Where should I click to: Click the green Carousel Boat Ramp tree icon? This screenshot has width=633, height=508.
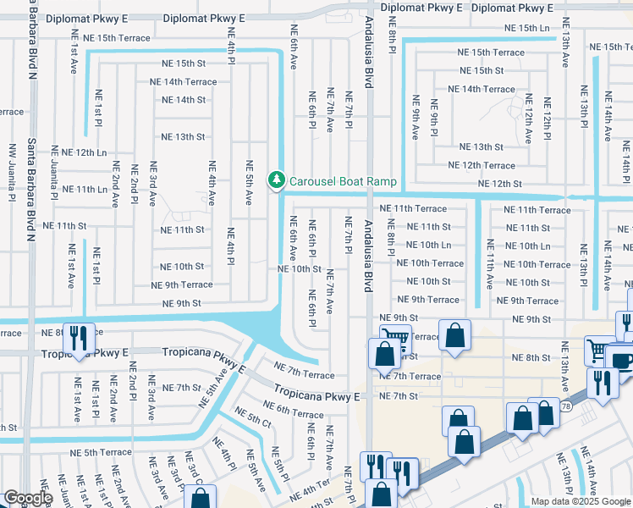(x=276, y=179)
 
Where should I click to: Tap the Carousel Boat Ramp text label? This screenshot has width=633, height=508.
(x=343, y=180)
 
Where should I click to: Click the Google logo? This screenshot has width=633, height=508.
(x=28, y=499)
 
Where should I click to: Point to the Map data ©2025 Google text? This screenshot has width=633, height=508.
(x=581, y=501)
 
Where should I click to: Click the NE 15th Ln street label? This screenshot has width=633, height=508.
(x=521, y=28)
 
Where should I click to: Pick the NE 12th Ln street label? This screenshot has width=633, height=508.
(x=85, y=152)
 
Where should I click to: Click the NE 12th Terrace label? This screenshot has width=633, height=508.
(x=481, y=165)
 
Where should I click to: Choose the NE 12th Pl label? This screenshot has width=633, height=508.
(x=548, y=119)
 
